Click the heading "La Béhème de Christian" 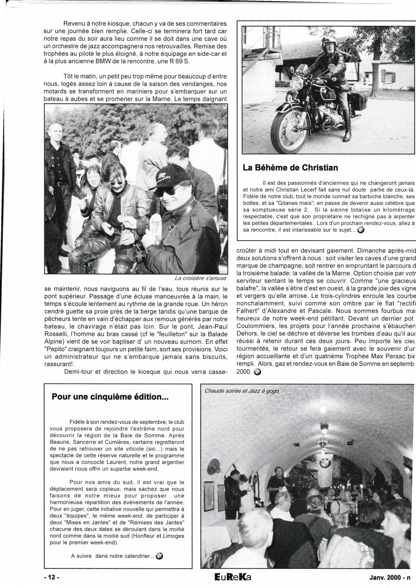click(290, 168)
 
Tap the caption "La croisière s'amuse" click(200, 278)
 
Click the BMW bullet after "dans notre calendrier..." click(159, 556)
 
